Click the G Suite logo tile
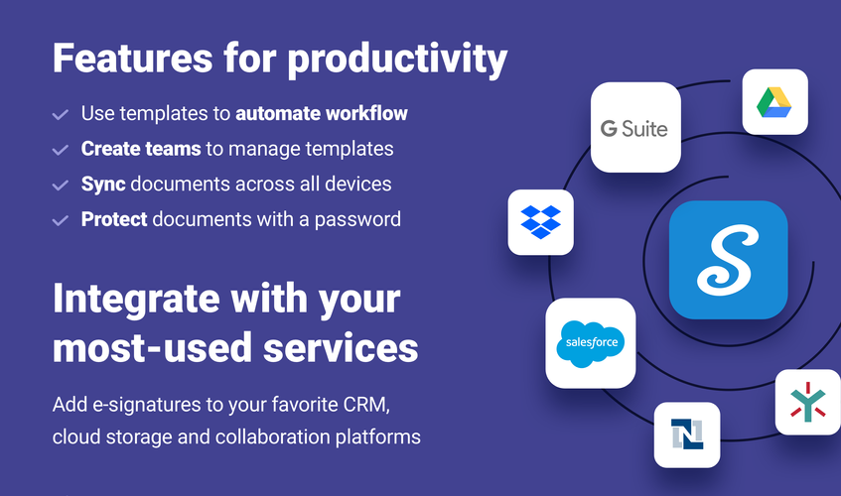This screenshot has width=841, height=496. (x=635, y=128)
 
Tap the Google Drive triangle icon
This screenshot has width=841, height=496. (x=773, y=102)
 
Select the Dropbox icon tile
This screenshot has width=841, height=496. (x=540, y=222)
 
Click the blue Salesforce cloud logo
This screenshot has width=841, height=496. (x=591, y=344)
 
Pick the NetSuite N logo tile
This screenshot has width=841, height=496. (x=687, y=434)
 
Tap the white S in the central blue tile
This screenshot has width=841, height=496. (x=728, y=260)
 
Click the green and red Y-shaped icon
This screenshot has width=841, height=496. (x=808, y=402)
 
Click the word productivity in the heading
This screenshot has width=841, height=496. (x=397, y=59)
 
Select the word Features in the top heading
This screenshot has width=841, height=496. (x=132, y=58)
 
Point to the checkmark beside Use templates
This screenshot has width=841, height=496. (x=60, y=114)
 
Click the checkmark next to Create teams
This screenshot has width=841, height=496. (x=60, y=150)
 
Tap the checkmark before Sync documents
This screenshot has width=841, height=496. (x=60, y=185)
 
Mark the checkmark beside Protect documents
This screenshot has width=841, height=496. (x=60, y=220)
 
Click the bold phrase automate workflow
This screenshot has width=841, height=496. (x=322, y=113)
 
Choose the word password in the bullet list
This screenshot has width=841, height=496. (x=357, y=220)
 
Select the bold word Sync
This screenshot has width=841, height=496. (x=103, y=185)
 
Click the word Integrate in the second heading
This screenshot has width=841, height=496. (x=137, y=299)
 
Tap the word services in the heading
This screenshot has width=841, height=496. (x=341, y=347)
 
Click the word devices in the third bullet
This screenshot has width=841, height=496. (x=358, y=185)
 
